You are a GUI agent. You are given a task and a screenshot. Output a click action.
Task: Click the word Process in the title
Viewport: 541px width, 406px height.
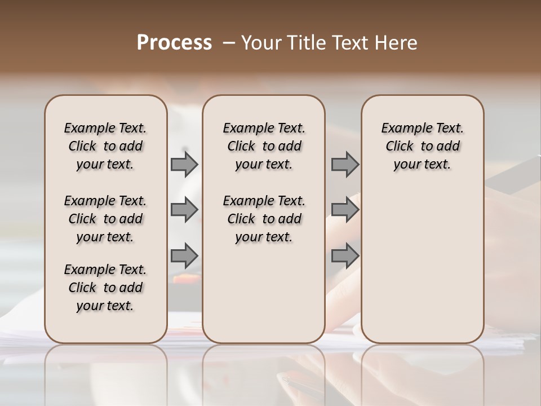click(174, 43)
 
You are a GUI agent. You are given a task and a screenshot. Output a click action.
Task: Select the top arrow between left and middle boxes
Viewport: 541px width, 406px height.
click(184, 164)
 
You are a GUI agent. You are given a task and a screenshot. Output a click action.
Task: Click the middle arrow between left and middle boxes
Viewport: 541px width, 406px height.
click(184, 210)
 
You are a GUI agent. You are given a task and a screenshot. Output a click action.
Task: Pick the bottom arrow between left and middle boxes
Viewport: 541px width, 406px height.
click(184, 255)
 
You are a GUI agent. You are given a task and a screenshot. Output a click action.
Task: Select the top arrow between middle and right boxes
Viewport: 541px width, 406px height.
click(345, 164)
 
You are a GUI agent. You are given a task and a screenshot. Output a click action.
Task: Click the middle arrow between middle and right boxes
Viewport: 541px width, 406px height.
click(345, 210)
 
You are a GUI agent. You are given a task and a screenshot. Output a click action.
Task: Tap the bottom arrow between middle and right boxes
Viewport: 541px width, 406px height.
click(345, 255)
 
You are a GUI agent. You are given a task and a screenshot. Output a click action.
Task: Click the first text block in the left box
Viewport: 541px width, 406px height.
click(105, 146)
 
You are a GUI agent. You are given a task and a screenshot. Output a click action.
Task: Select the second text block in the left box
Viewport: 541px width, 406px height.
click(105, 219)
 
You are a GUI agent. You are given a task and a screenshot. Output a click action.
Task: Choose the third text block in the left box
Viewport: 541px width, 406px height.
click(105, 288)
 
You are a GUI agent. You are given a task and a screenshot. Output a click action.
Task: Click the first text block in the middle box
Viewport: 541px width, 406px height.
click(264, 146)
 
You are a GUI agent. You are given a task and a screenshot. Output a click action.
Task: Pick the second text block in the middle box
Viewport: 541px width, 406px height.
click(264, 219)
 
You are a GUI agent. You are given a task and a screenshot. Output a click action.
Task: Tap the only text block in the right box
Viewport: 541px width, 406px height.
click(422, 146)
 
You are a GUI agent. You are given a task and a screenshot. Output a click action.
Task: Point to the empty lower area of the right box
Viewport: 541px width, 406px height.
click(422, 265)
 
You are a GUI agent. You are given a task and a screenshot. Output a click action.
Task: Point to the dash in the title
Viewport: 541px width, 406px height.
click(229, 43)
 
